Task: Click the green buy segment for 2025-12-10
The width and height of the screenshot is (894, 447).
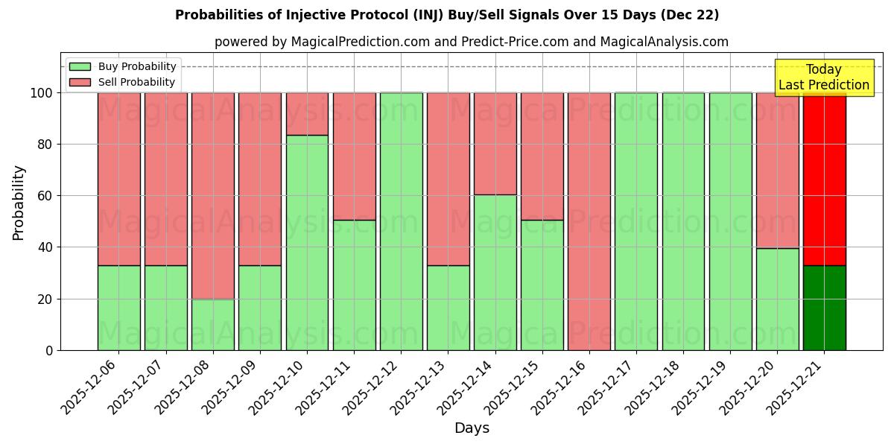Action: coord(307,242)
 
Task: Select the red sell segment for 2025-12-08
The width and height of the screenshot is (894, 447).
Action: coord(213,195)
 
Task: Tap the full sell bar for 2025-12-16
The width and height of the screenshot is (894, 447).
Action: coord(589,221)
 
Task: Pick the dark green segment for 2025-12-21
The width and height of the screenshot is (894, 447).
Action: coord(825,308)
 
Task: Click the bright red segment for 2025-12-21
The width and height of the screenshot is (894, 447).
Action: coord(825,179)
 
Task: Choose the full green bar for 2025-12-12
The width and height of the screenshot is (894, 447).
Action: coord(401,221)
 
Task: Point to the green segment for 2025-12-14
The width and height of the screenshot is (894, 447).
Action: coord(495,272)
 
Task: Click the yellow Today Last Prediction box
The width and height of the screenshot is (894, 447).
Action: coord(824,77)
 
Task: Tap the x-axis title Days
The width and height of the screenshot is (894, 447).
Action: coord(472,428)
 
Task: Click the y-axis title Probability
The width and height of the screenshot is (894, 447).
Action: coord(19,203)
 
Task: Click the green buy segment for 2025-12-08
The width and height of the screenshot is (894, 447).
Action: coord(213,324)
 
